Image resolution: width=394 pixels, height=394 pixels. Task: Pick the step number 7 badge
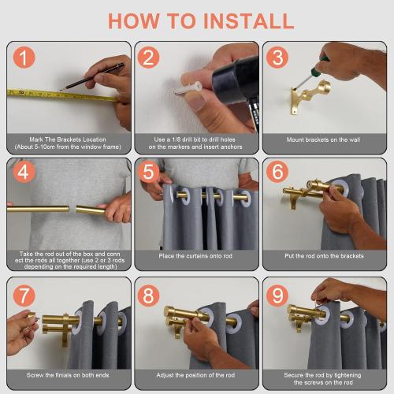[x=25, y=295]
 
